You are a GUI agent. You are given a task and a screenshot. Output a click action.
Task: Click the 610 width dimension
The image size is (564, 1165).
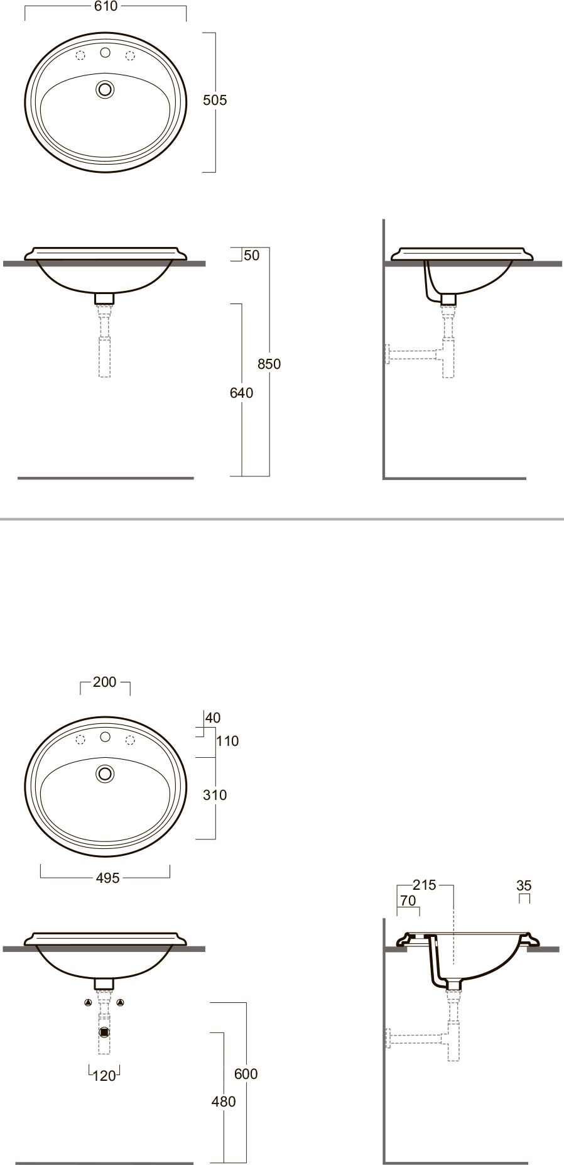105,6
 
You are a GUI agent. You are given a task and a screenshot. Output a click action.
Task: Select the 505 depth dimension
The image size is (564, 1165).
215,100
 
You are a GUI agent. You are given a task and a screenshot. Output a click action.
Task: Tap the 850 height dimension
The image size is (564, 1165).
269,364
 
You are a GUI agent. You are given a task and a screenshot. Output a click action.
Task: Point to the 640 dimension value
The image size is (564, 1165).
242,393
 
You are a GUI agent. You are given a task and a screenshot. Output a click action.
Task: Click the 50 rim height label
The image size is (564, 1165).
252,256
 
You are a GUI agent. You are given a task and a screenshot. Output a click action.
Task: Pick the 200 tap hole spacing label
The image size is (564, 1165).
105,682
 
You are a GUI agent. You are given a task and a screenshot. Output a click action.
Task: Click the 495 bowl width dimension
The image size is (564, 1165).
108,878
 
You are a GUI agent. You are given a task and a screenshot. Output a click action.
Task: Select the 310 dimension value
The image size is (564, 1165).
215,795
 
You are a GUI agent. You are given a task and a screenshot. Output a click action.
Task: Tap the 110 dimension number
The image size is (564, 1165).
227,741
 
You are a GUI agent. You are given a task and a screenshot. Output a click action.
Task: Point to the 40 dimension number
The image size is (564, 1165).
213,718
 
